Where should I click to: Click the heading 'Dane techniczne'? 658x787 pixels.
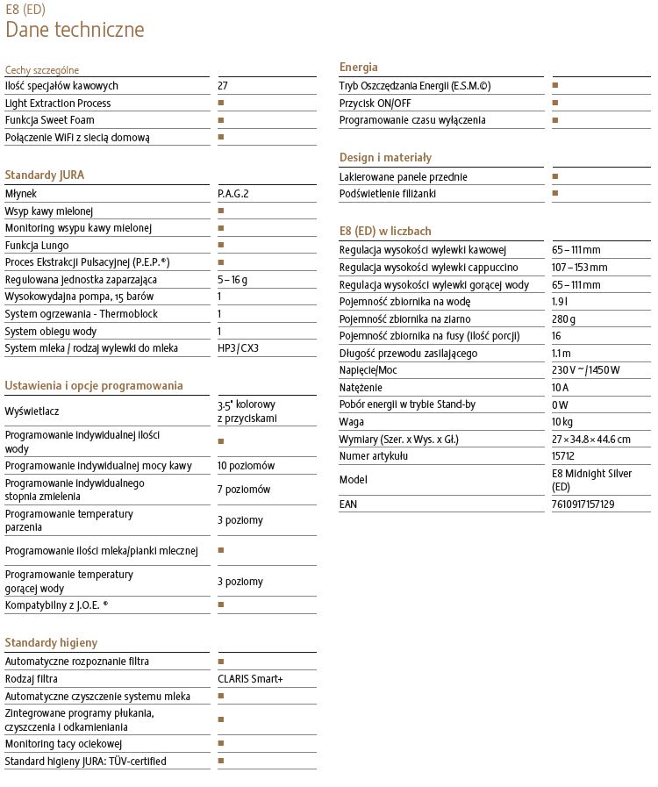coord(75,30)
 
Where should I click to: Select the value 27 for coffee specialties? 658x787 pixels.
coord(223,86)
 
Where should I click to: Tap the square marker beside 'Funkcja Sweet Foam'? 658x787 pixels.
coord(221,120)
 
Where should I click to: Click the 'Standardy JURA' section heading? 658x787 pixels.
coord(45,175)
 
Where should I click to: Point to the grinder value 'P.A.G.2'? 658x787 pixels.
coord(233,194)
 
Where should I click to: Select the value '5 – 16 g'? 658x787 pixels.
coord(232,280)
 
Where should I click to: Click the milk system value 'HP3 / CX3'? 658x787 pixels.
coord(239,348)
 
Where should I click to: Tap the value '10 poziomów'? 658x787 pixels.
coord(247,466)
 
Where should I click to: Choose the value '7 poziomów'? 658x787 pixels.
coord(244,490)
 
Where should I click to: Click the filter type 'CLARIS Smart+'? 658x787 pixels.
coord(251,679)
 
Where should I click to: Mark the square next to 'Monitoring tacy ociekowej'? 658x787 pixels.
coord(221,744)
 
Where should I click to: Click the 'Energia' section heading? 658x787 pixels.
coord(359,68)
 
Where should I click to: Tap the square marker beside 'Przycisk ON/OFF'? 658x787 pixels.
coord(555,103)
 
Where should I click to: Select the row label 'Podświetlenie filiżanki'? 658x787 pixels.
coord(388,193)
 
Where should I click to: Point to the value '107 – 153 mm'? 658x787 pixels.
coord(579,268)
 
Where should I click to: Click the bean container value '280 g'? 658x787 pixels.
coord(564,319)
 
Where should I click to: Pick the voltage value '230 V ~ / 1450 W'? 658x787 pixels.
coord(586,370)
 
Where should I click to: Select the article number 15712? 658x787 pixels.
coord(563,456)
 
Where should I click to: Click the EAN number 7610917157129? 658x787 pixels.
coord(583,504)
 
